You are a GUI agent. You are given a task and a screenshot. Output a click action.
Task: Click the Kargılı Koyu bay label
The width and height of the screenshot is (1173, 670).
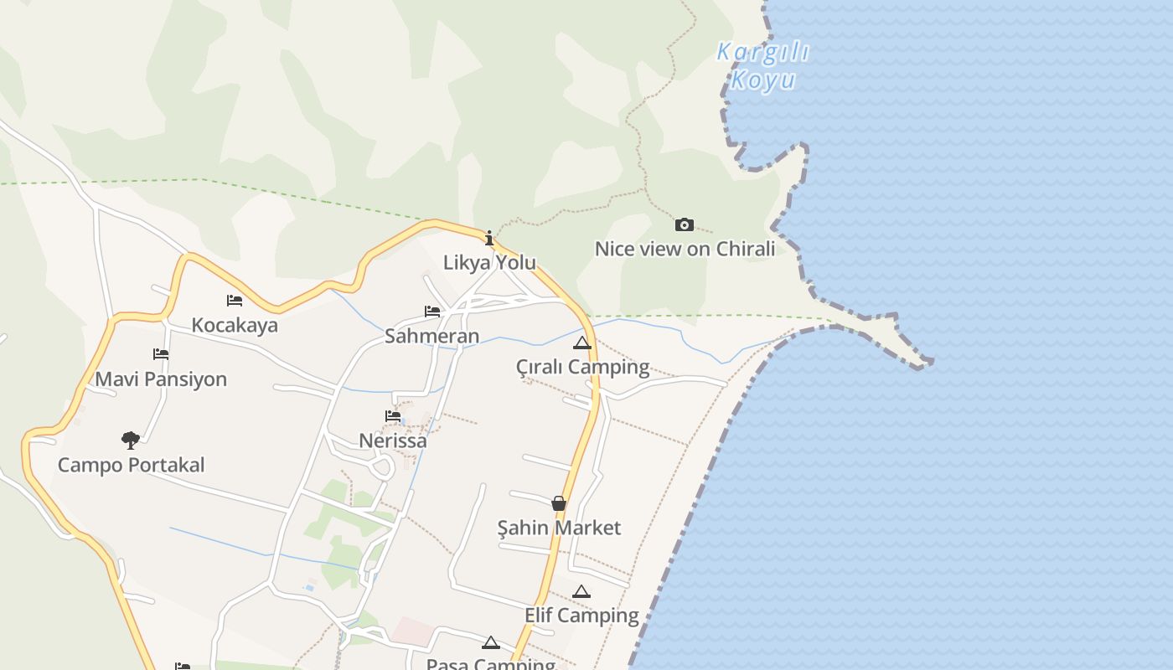click(x=762, y=65)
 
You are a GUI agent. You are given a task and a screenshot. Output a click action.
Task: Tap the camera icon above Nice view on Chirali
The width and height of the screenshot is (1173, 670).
click(x=685, y=224)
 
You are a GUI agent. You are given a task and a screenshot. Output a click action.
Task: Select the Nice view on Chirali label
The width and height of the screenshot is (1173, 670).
click(x=685, y=249)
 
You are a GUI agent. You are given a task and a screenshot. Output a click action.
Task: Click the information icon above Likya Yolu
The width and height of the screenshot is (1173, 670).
click(x=489, y=238)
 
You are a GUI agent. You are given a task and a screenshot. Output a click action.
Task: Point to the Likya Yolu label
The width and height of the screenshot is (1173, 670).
click(x=489, y=262)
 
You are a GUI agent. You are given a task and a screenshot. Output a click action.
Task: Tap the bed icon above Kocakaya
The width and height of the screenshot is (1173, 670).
click(x=235, y=300)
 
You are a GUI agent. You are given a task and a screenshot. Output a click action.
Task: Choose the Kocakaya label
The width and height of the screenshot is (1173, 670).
click(x=235, y=325)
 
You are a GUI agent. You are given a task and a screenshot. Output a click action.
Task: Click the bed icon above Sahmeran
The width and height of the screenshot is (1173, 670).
click(x=432, y=312)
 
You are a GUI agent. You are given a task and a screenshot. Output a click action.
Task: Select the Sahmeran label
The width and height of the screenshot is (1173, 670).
click(x=432, y=336)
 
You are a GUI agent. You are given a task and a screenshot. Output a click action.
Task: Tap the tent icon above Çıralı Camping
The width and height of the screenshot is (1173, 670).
click(x=582, y=343)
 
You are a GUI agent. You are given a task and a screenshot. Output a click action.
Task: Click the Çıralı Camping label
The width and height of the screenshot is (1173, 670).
click(x=582, y=367)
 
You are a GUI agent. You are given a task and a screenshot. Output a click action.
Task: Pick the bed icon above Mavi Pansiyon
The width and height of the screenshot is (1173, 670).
click(x=161, y=354)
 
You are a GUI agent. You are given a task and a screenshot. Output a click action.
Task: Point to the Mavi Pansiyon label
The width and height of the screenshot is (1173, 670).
click(x=161, y=379)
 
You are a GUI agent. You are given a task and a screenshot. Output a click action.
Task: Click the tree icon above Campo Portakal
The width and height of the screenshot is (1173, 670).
click(x=131, y=440)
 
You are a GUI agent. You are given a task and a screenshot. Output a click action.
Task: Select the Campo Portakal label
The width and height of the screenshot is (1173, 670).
click(x=131, y=465)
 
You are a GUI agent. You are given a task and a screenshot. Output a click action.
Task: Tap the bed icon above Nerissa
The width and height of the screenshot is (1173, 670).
click(x=393, y=415)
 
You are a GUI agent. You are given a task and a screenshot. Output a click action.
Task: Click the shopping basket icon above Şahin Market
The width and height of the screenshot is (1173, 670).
click(x=559, y=503)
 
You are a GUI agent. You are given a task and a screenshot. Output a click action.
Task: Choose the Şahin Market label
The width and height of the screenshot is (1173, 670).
click(x=559, y=528)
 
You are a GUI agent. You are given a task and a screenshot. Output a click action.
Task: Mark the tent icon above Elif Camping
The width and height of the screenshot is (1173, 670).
click(x=581, y=591)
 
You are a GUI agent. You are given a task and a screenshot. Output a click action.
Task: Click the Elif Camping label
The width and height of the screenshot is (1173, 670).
click(x=581, y=616)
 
